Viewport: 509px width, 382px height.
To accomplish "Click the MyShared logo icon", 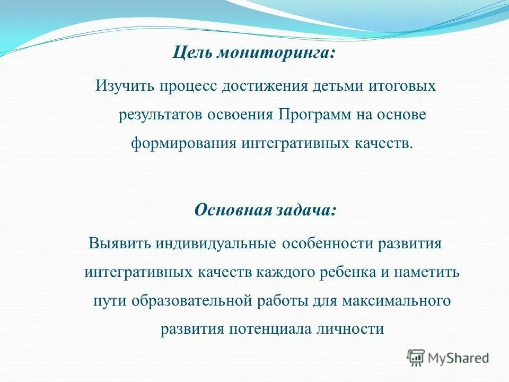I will point(416,358).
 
